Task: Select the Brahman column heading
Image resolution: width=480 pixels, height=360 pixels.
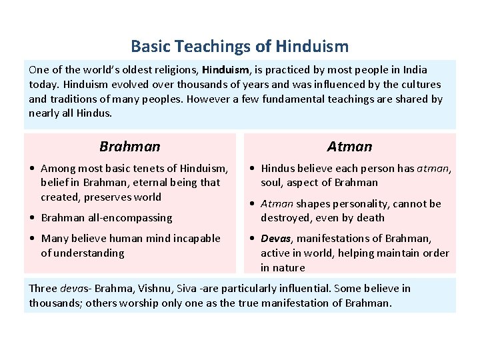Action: (130, 147)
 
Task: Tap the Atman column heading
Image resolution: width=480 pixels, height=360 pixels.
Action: (349, 147)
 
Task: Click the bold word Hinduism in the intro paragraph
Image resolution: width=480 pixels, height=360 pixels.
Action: (225, 70)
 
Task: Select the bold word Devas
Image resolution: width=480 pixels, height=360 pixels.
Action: (276, 239)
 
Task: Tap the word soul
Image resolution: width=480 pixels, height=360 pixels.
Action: (271, 183)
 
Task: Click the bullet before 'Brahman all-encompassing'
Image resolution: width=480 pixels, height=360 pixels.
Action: (33, 218)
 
